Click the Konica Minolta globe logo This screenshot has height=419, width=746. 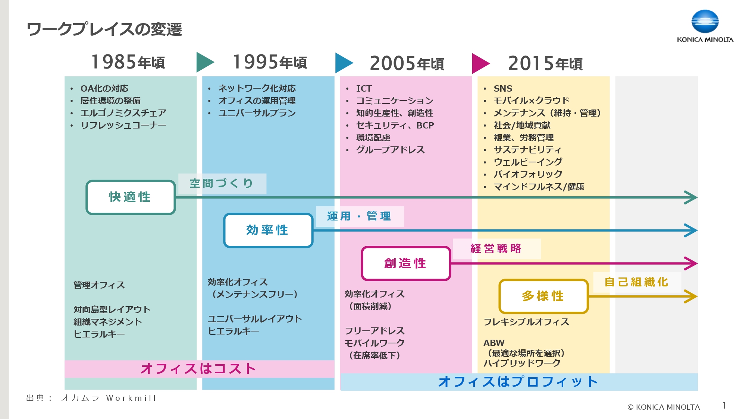tap(705, 22)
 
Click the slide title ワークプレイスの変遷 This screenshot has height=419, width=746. tap(104, 29)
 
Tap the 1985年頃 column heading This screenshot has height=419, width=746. tap(128, 62)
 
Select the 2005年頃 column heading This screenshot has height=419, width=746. tap(407, 63)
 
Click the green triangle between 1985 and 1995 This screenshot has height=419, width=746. tap(204, 62)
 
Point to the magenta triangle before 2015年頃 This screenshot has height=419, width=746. tap(480, 63)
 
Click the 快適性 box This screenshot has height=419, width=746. tap(131, 197)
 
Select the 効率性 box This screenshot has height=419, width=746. tap(268, 230)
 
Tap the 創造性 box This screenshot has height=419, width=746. tap(406, 263)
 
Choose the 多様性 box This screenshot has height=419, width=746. tap(543, 296)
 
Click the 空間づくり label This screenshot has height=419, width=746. tap(222, 184)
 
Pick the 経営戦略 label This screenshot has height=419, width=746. tap(496, 249)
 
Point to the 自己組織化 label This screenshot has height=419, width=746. tap(636, 282)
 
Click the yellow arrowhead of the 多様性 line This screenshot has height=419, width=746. tap(691, 296)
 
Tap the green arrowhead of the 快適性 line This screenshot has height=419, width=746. tap(691, 197)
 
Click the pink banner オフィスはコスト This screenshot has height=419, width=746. tap(199, 369)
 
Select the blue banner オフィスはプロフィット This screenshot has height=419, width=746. tap(518, 382)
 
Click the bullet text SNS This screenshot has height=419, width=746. tap(503, 89)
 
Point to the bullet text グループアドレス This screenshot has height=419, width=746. tap(390, 150)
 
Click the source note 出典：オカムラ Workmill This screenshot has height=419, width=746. tap(91, 398)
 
